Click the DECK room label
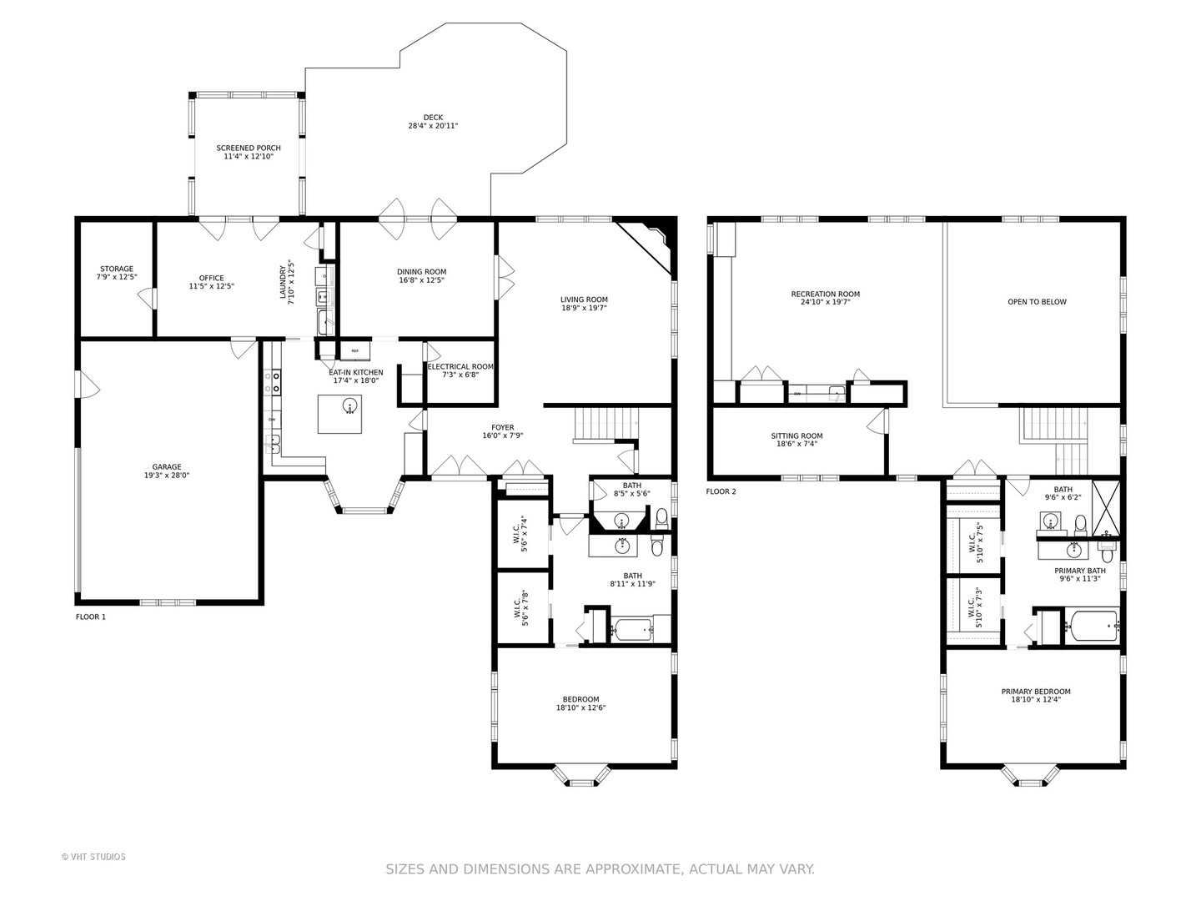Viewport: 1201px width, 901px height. tap(433, 117)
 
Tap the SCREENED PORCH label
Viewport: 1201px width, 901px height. tap(249, 148)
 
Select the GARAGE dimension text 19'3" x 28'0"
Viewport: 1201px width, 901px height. tap(166, 476)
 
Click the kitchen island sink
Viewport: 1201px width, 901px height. tap(349, 406)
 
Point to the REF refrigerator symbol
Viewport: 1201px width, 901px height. tap(355, 350)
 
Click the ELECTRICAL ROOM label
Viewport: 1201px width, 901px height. tap(460, 366)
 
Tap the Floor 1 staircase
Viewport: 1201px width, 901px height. tap(606, 426)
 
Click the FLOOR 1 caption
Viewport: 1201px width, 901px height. tap(91, 617)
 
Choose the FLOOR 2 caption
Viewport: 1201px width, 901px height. tap(721, 492)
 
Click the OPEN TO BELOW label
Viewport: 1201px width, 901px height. tap(1037, 302)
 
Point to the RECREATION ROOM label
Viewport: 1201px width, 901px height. tap(825, 294)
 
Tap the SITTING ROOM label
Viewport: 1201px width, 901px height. tap(796, 436)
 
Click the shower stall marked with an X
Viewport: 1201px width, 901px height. tap(1106, 508)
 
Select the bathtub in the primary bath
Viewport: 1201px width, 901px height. tap(1092, 626)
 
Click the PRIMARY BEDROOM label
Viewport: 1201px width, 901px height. tap(1036, 692)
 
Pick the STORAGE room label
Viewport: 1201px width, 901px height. tap(117, 269)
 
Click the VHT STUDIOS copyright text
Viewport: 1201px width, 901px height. tap(93, 857)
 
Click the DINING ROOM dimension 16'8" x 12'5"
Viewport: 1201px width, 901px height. tap(421, 280)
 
